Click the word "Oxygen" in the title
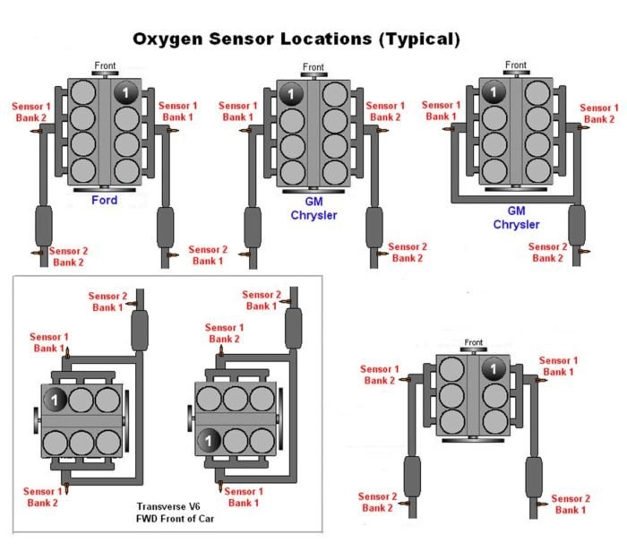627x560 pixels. [177, 39]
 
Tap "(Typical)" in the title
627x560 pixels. [417, 39]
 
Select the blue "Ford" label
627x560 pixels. [104, 200]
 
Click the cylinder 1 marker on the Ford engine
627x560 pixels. [125, 93]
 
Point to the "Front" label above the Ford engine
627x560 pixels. [106, 65]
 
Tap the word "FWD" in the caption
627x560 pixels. [150, 518]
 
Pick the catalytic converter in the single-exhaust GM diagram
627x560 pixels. [577, 224]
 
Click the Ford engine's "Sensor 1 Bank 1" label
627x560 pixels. [177, 112]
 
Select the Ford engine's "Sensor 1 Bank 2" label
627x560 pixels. [30, 112]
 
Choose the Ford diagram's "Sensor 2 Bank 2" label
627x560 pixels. [69, 257]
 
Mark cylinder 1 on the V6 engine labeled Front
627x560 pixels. [492, 369]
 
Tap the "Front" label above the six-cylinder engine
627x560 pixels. [474, 342]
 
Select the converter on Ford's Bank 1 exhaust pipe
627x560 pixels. [166, 226]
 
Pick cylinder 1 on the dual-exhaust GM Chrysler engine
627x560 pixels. [290, 93]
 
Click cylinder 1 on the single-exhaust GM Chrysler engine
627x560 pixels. [492, 90]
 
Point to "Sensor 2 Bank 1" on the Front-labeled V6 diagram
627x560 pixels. [571, 504]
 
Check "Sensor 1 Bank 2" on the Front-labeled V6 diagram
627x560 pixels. [379, 375]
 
